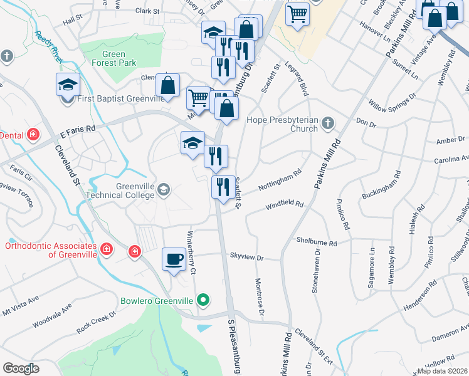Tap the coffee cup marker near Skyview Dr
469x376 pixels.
pyautogui.click(x=174, y=258)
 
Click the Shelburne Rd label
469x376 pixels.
pyautogui.click(x=317, y=242)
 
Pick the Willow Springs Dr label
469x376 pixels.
pyautogui.click(x=392, y=100)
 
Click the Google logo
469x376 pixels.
pyautogui.click(x=21, y=368)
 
